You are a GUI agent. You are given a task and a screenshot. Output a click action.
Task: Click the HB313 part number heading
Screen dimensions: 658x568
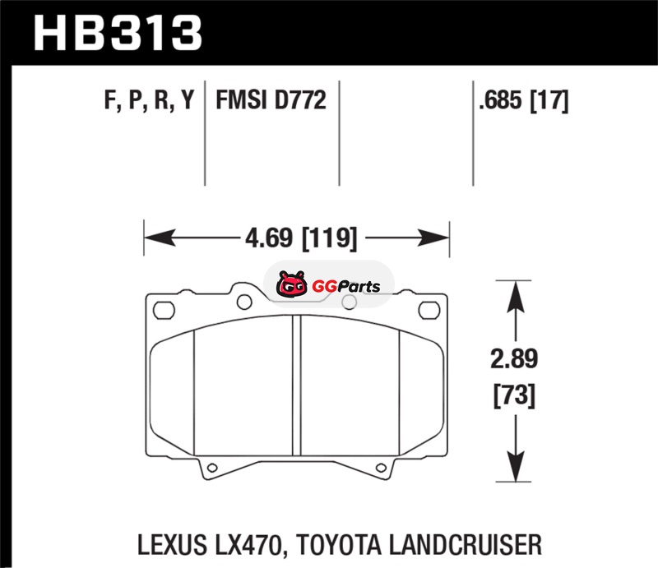[x=118, y=33]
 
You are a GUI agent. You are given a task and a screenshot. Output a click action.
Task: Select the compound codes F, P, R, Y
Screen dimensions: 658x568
[x=150, y=100]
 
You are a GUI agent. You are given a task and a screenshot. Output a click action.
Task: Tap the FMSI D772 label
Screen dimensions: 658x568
[x=271, y=99]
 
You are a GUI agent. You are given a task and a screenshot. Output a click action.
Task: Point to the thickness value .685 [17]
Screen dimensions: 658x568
[x=524, y=100]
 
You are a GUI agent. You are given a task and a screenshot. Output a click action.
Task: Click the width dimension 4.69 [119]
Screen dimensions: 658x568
[x=301, y=238]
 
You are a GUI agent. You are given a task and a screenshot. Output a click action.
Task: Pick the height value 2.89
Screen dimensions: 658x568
[x=514, y=358]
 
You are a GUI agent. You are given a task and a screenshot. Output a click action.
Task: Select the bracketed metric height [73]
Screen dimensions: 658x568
[x=515, y=395]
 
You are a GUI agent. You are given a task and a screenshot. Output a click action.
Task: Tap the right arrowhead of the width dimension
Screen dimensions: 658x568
[x=433, y=238]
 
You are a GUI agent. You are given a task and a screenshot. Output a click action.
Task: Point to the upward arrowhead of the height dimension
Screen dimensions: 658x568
[x=516, y=297]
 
